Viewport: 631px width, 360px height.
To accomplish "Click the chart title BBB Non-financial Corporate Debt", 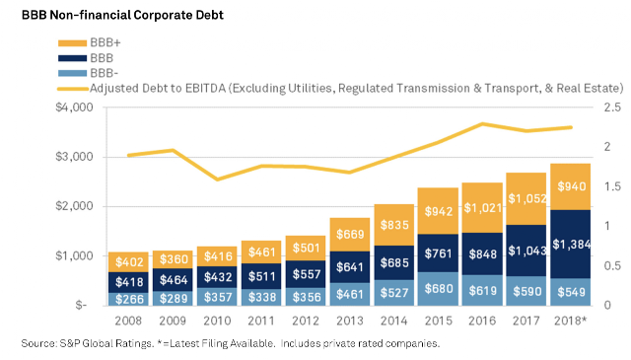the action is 122,15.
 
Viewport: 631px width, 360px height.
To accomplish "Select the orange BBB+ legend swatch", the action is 72,42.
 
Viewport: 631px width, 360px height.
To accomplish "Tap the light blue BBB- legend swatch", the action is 72,73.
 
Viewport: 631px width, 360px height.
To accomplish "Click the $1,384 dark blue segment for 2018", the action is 570,244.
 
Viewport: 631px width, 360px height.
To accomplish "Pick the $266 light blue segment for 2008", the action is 128,299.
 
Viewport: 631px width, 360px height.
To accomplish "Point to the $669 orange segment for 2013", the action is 350,235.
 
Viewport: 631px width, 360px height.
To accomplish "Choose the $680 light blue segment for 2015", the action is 438,289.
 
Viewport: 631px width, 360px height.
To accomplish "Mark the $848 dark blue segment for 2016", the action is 482,253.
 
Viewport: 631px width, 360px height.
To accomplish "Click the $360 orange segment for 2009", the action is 173,259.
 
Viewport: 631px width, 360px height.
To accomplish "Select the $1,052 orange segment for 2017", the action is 526,198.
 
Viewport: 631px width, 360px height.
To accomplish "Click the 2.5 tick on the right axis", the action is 612,108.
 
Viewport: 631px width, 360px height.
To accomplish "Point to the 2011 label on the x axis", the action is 261,321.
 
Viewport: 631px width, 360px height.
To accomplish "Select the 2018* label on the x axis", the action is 570,321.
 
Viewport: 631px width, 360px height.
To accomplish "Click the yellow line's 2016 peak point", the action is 482,124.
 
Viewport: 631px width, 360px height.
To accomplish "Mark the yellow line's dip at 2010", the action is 217,180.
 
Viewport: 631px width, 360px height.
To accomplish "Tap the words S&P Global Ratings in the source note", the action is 106,343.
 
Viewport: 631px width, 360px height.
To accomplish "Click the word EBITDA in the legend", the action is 205,88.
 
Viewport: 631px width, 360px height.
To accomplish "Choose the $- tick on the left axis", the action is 81,305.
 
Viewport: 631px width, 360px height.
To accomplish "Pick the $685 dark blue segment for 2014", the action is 394,262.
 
